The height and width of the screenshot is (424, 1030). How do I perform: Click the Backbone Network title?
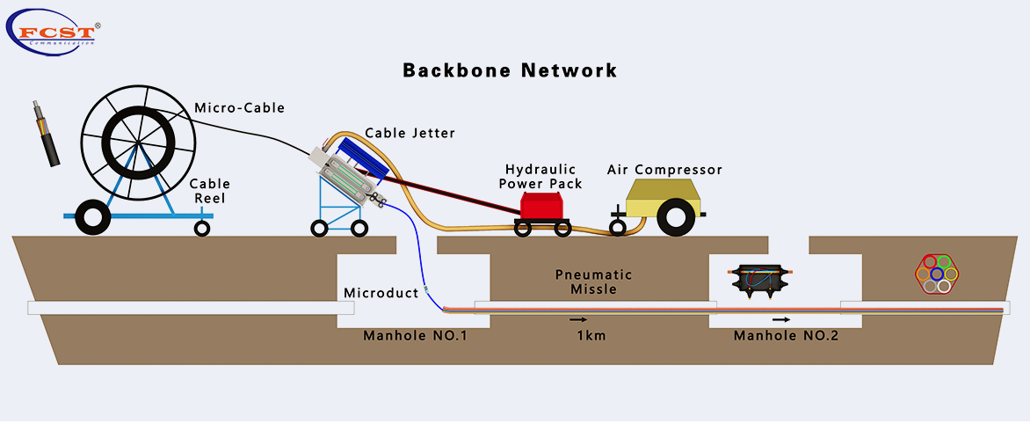pos(510,70)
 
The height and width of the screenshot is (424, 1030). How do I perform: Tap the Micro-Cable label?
pos(239,108)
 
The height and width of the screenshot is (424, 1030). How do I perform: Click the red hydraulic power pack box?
pos(546,206)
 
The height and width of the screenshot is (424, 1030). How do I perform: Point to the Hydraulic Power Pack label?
pos(540,176)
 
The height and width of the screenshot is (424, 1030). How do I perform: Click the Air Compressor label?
pos(665,169)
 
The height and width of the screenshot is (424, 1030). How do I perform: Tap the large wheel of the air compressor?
pos(677,217)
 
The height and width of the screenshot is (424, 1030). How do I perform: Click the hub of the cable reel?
pos(136,144)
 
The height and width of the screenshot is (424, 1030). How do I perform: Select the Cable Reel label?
pos(210,191)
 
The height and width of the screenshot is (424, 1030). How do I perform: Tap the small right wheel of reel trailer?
pos(202,229)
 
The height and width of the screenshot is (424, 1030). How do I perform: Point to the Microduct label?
pos(381,293)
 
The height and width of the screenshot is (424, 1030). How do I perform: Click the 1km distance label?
pos(591,336)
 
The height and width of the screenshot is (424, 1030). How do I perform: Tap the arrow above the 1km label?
pos(577,320)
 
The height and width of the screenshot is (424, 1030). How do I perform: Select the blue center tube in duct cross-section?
pos(935,274)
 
